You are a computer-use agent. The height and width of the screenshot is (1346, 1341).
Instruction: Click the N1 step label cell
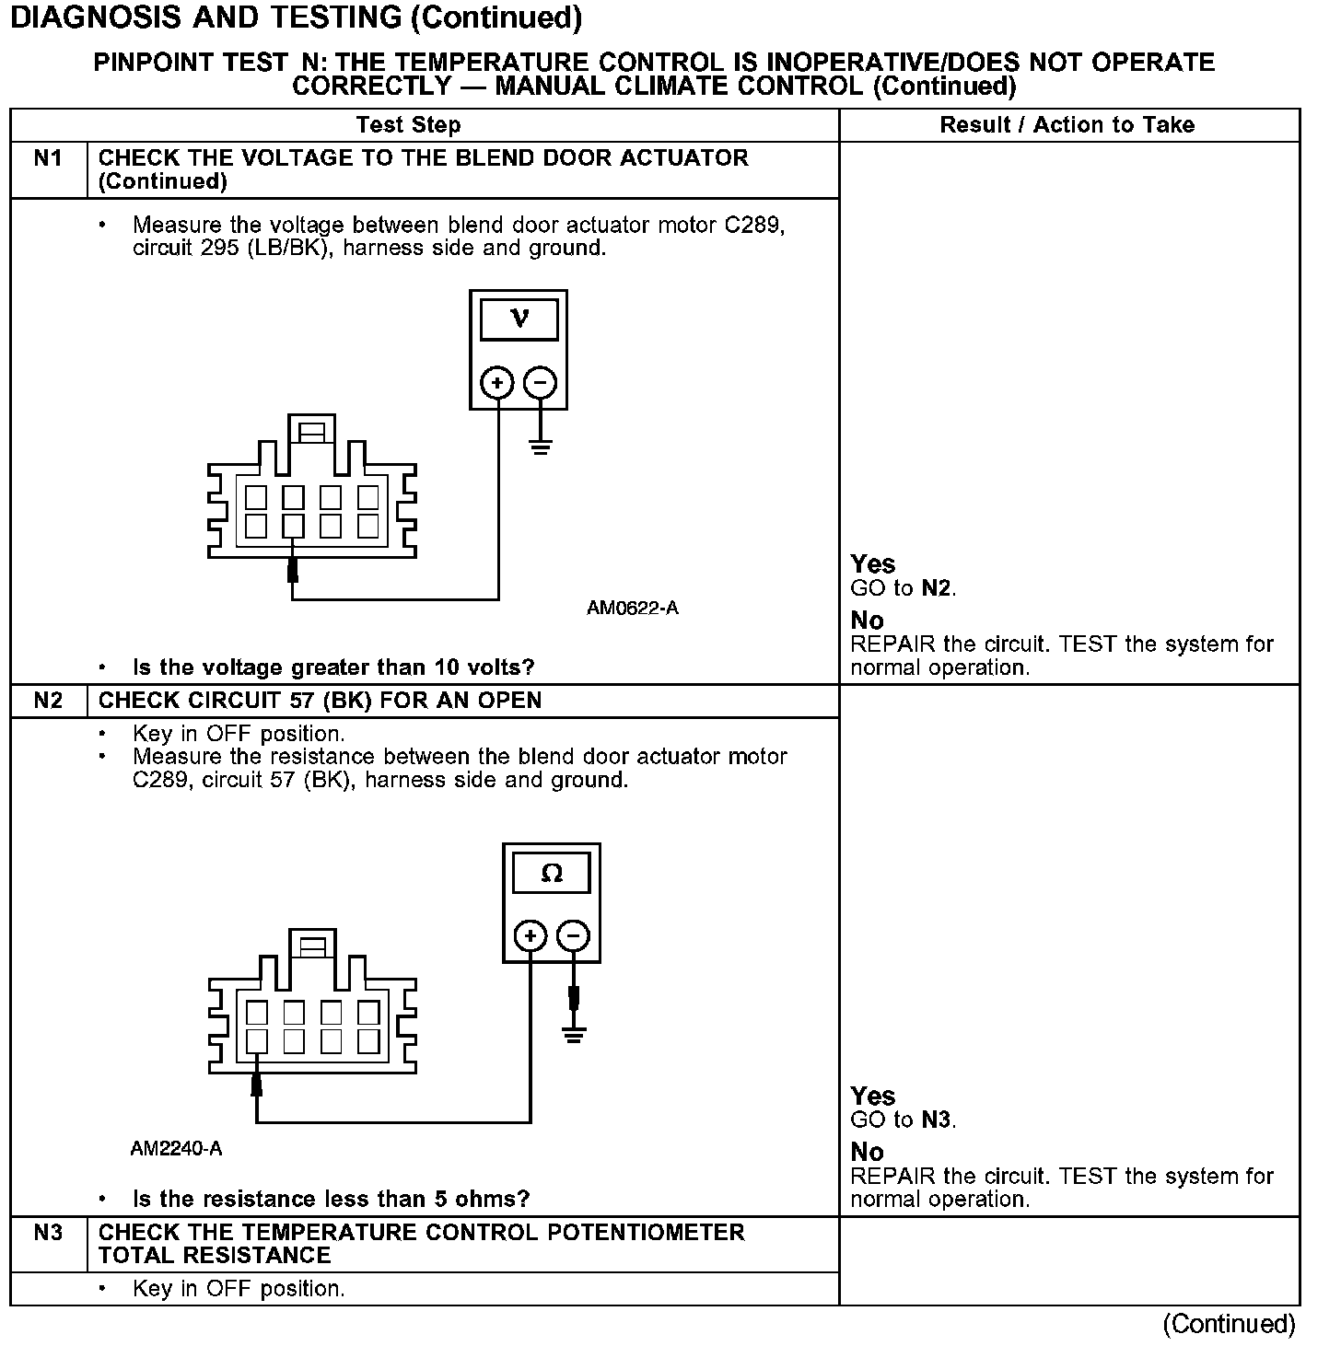[48, 158]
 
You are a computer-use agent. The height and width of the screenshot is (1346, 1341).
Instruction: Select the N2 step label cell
[48, 701]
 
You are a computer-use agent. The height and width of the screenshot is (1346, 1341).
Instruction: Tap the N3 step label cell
[48, 1232]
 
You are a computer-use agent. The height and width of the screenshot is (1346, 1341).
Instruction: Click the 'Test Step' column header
[408, 125]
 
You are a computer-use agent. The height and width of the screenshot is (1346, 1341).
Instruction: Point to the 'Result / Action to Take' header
[1067, 125]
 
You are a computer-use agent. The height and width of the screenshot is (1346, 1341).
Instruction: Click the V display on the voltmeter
[519, 319]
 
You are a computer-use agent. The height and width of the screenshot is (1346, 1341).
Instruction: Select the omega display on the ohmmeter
[552, 873]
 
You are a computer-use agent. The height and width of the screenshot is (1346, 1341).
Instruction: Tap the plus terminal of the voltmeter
[497, 382]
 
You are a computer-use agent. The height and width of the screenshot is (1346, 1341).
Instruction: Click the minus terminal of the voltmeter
[541, 382]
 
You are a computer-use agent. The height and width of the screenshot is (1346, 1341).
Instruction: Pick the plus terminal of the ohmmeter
[531, 936]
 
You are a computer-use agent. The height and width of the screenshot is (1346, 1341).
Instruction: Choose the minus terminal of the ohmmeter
[574, 936]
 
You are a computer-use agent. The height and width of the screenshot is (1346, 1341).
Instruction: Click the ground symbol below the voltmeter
[541, 448]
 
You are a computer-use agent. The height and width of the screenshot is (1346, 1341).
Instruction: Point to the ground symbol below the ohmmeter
[574, 1034]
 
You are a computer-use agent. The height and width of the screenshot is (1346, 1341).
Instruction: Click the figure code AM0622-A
[633, 608]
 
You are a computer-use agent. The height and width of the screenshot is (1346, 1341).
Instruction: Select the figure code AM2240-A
[176, 1149]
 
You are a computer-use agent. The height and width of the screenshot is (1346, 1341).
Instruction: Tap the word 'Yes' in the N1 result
[873, 563]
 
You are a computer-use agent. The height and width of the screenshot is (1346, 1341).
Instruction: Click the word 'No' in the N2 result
[867, 1152]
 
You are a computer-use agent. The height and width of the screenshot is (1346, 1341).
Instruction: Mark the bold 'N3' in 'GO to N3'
[938, 1120]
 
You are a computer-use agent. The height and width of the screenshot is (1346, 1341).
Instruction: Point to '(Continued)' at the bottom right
[1229, 1324]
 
